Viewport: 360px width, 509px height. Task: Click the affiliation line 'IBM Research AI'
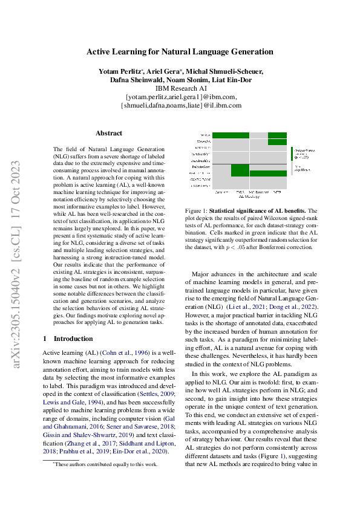(x=180, y=88)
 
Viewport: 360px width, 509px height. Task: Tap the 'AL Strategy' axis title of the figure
(x=249, y=196)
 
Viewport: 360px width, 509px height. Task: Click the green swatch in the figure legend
(x=292, y=153)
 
